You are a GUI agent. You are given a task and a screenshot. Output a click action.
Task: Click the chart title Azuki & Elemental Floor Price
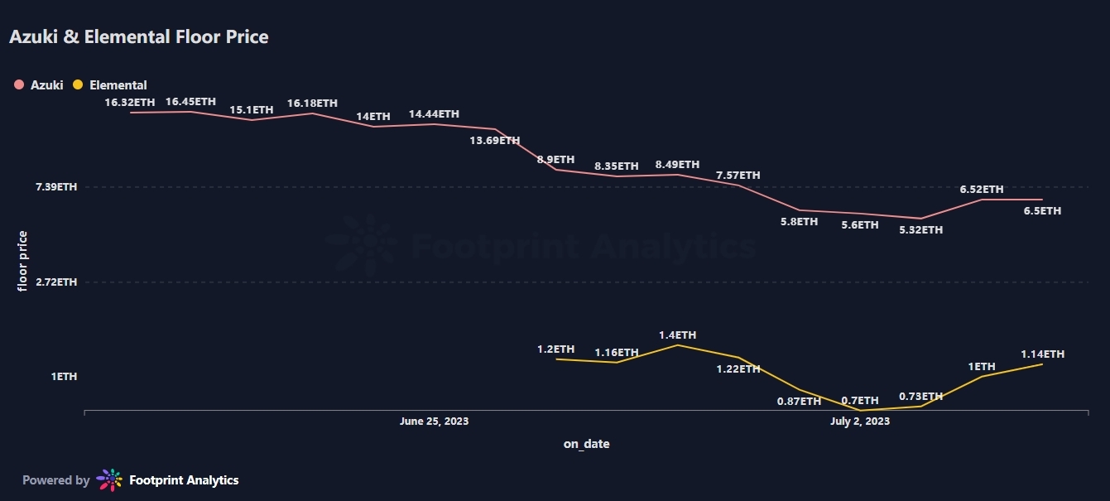[x=139, y=37]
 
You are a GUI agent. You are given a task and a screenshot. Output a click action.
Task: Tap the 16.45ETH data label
[x=190, y=102]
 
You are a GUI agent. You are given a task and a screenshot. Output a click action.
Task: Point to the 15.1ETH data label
[x=252, y=109]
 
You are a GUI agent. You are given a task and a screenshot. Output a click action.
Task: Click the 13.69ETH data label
[x=495, y=141]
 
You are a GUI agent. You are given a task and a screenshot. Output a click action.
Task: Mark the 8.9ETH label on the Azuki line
[x=555, y=159]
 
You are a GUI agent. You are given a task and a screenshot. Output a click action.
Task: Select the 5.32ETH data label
[x=920, y=229]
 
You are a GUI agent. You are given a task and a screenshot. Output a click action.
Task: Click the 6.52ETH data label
[x=982, y=190]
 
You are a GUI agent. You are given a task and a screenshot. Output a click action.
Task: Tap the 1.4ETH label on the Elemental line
[x=677, y=335]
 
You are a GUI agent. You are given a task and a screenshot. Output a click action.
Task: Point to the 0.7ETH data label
[x=860, y=401]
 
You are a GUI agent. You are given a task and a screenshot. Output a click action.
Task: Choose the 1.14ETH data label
[x=1042, y=354]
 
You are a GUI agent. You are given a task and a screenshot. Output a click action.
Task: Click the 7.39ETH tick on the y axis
[x=56, y=187]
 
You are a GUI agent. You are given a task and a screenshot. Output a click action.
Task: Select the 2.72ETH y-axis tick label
[x=56, y=282]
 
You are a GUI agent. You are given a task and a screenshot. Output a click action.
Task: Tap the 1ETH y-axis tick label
[x=64, y=377]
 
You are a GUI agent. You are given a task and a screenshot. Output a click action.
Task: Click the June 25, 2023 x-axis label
[x=434, y=422]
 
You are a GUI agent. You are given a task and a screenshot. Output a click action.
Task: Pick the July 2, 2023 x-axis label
[x=860, y=422]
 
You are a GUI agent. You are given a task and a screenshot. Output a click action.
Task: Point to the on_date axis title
[x=586, y=444]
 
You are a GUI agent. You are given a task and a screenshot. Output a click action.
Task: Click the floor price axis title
[x=23, y=260]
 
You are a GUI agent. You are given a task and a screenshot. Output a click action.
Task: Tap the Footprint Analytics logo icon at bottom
[x=109, y=480]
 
